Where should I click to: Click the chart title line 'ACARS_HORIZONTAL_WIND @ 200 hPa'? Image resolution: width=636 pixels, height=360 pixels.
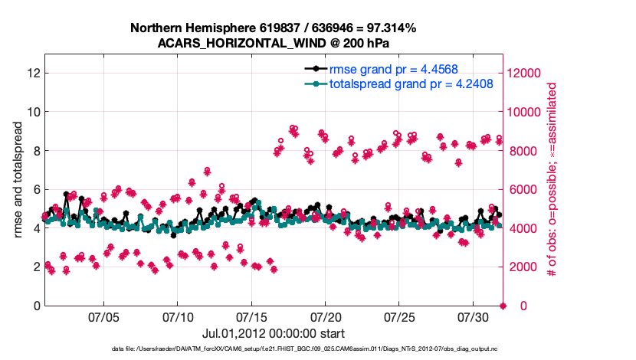pyautogui.click(x=273, y=43)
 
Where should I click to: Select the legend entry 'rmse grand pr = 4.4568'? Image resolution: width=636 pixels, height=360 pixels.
pyautogui.click(x=388, y=68)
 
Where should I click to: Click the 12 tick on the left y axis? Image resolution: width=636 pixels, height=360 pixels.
pyautogui.click(x=33, y=74)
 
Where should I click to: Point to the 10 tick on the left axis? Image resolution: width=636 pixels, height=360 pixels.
pyautogui.click(x=33, y=112)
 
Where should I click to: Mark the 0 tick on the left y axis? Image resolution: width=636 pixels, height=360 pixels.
pyautogui.click(x=36, y=306)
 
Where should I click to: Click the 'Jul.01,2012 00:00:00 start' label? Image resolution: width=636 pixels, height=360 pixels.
pyautogui.click(x=273, y=334)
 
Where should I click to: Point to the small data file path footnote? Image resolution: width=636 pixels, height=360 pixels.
pyautogui.click(x=273, y=349)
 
